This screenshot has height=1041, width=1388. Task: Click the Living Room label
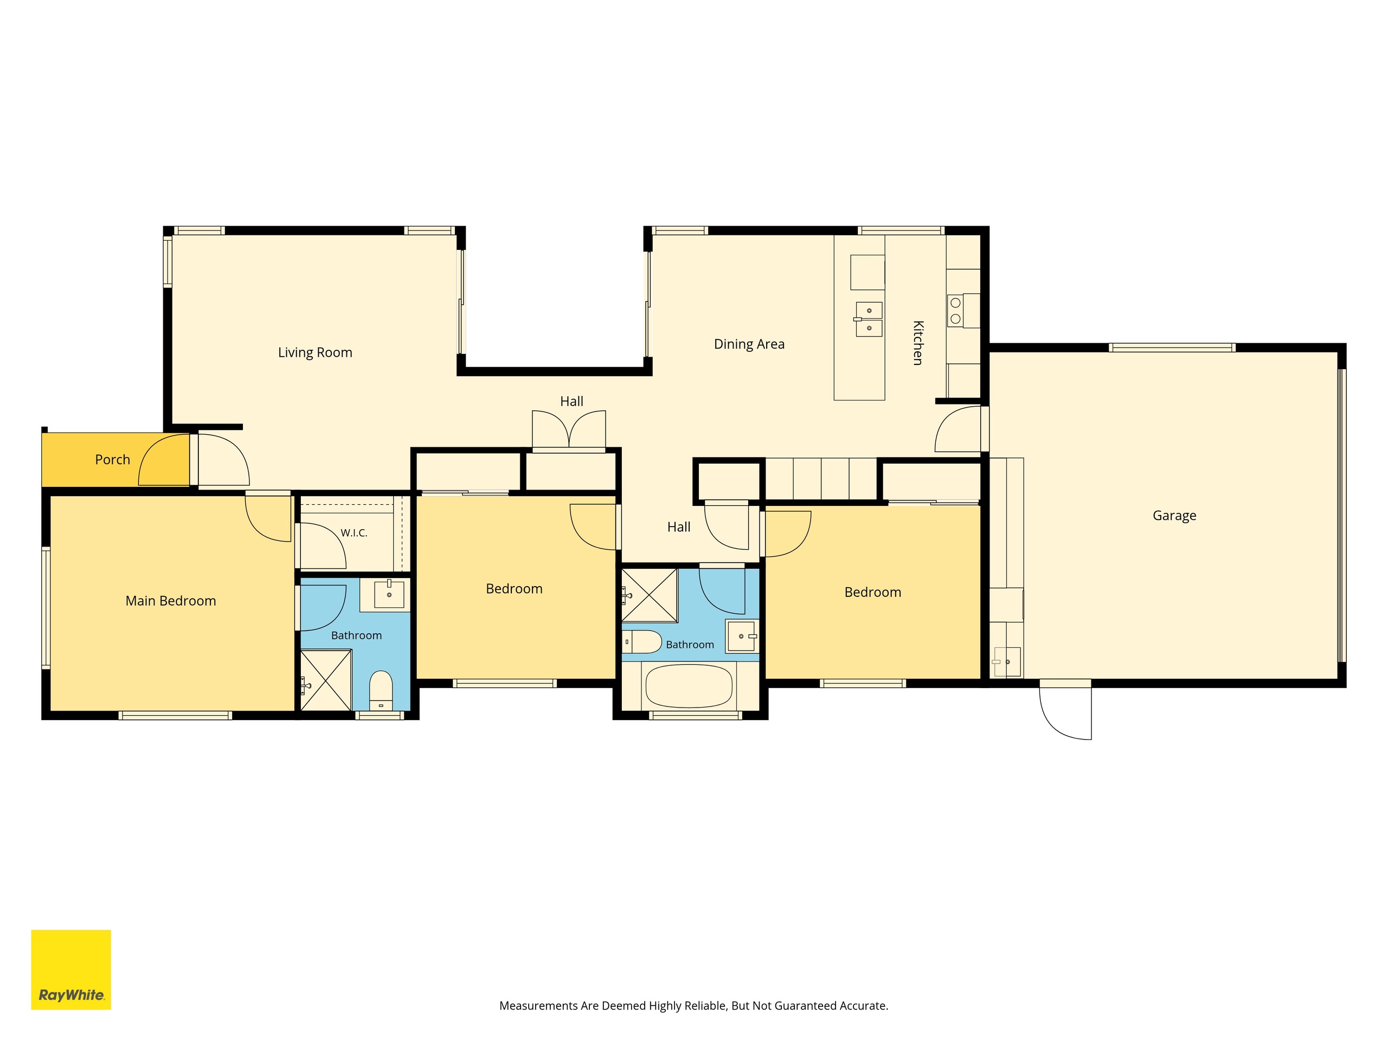[x=315, y=352]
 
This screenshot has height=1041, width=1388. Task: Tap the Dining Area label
[x=749, y=344]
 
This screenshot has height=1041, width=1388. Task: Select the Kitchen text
[x=918, y=343]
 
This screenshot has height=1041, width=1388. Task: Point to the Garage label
[x=1174, y=516]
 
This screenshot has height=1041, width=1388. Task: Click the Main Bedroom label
[x=171, y=601]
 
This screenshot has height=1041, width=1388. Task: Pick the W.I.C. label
[x=354, y=533]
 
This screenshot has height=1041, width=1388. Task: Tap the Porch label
[x=112, y=459]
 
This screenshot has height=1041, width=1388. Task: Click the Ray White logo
[x=71, y=969]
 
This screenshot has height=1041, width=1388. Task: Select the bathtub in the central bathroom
[x=689, y=686]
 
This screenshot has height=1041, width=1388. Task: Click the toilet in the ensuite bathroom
[x=381, y=691]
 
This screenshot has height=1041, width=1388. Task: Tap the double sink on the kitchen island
[x=869, y=319]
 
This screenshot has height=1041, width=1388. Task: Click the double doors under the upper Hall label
[x=569, y=430]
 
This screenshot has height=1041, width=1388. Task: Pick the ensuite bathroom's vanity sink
[x=389, y=594]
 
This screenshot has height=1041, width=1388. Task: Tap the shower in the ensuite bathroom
[x=326, y=680]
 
